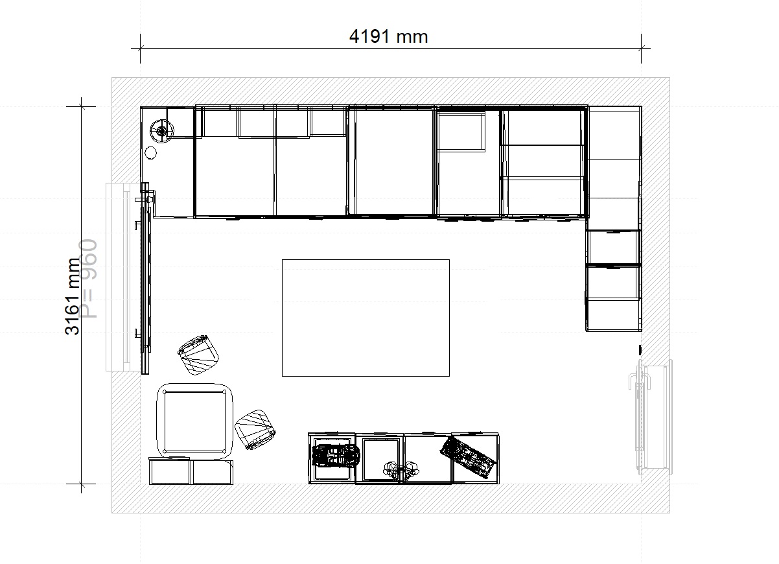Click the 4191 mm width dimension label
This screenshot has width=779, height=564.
click(388, 36)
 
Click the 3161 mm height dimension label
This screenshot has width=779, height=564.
click(72, 296)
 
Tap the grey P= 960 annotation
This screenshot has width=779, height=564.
click(87, 278)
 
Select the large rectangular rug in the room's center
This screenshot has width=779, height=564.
click(366, 318)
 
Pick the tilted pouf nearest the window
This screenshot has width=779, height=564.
click(198, 355)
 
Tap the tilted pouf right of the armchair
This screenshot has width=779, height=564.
click(255, 430)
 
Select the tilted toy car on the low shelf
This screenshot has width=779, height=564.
click(468, 456)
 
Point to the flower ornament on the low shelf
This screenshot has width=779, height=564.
click(401, 471)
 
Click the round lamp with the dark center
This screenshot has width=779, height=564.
click(162, 131)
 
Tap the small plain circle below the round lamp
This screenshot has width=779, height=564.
click(150, 153)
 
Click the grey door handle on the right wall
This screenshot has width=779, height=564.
click(640, 381)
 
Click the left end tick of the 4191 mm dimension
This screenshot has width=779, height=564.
click(140, 49)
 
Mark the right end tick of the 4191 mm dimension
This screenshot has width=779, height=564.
click(642, 49)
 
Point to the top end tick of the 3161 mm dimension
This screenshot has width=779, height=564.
click(82, 106)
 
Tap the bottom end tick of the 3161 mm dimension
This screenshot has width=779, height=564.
click(82, 484)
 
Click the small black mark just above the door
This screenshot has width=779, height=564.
click(640, 350)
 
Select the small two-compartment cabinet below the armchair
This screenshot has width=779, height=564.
click(191, 472)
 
